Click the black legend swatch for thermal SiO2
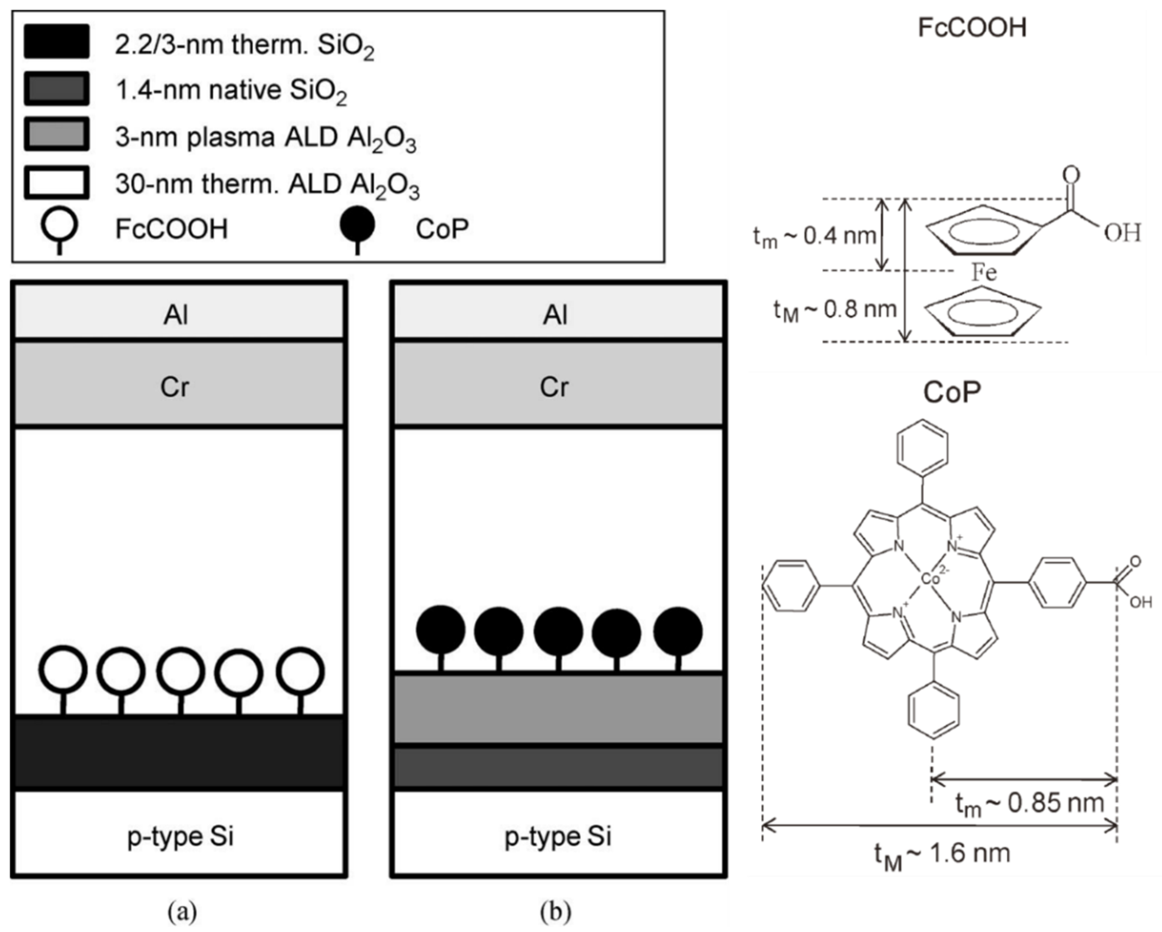[57, 41]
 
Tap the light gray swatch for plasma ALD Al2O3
[57, 134]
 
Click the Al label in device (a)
[176, 314]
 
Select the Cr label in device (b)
[554, 386]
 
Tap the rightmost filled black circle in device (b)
[678, 631]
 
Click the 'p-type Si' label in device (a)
[180, 836]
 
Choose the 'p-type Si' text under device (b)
[558, 836]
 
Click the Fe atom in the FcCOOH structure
[984, 272]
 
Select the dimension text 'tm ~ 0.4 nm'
[814, 236]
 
